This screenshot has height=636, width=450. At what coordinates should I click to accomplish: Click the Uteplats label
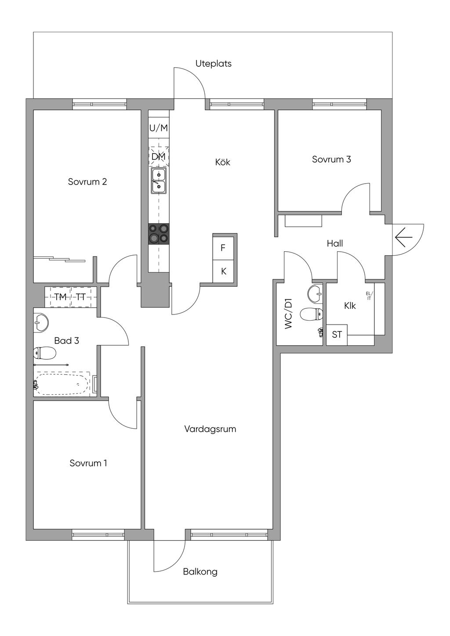click(213, 64)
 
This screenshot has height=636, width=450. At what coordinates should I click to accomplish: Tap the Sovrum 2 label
click(87, 182)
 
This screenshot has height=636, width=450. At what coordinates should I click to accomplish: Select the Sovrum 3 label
click(331, 159)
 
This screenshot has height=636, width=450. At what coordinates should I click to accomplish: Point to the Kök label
click(223, 162)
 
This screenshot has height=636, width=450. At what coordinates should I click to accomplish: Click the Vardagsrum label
click(210, 429)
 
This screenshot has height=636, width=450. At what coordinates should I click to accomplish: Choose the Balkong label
click(200, 571)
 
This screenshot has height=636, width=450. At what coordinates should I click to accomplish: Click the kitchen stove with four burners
click(159, 234)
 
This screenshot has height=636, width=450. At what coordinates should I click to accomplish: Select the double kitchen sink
click(159, 181)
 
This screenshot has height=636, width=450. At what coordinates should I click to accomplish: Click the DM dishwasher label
click(159, 156)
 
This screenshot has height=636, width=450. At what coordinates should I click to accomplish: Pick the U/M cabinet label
click(159, 128)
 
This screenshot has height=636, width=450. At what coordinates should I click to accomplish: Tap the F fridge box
click(223, 248)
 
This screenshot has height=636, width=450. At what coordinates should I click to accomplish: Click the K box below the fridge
click(223, 271)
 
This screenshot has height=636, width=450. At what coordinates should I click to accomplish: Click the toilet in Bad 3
click(44, 353)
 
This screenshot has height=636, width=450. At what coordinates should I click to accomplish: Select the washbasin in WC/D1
click(316, 293)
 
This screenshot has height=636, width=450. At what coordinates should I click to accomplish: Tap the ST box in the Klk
click(337, 335)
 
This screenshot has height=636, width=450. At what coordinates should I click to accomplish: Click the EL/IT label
click(369, 296)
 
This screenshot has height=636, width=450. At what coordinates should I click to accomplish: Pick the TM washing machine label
click(60, 297)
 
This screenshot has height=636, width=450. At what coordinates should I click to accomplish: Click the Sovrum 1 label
click(88, 463)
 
